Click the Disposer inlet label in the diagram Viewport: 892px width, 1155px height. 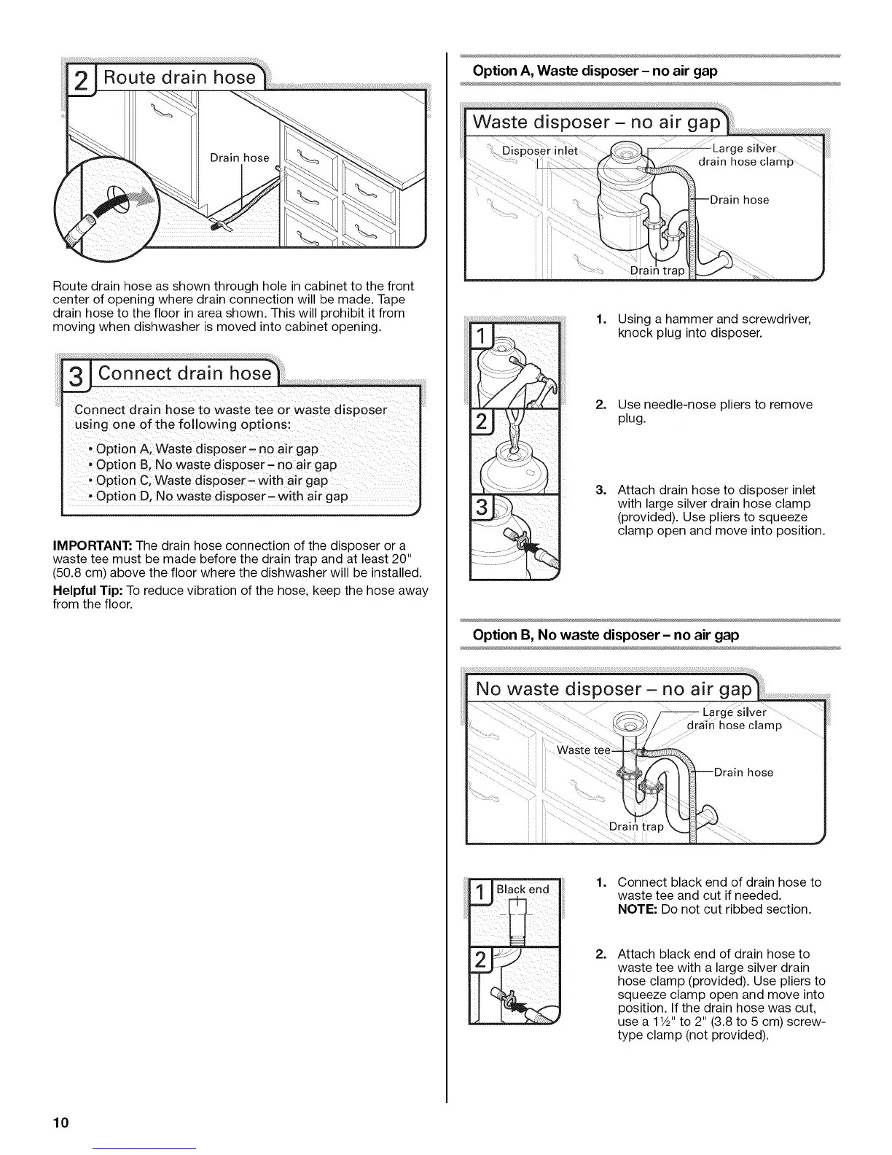[540, 151]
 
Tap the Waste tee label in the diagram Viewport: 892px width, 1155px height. [583, 751]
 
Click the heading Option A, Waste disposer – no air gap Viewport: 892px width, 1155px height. [595, 71]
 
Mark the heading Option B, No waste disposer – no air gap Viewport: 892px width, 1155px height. [606, 635]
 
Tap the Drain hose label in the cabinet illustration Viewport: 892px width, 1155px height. [240, 157]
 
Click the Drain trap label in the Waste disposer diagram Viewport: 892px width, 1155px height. [657, 271]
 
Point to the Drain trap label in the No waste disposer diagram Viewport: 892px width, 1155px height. [636, 827]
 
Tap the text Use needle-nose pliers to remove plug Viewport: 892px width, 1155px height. [714, 411]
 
